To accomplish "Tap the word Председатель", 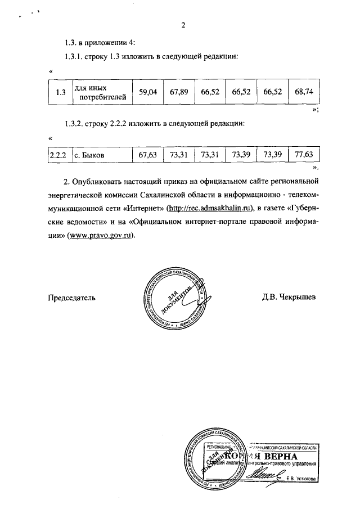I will point(71,296).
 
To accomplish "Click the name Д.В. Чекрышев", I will point(289,296).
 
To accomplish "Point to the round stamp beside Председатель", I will point(174,298).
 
